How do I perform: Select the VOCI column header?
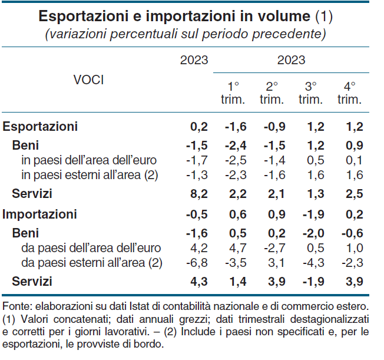[x=88, y=80]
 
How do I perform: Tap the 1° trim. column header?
[x=233, y=93]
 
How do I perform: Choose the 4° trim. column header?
[x=349, y=93]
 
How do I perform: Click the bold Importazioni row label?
[x=40, y=214]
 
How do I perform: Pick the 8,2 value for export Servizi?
[x=199, y=194]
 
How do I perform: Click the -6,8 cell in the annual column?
[x=197, y=262]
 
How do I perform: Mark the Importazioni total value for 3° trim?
[x=313, y=214]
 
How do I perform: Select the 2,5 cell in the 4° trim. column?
[x=354, y=194]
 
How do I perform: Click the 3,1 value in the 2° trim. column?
[x=276, y=262]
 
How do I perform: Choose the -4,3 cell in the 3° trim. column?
[x=313, y=262]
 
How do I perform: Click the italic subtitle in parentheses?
[x=186, y=34]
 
